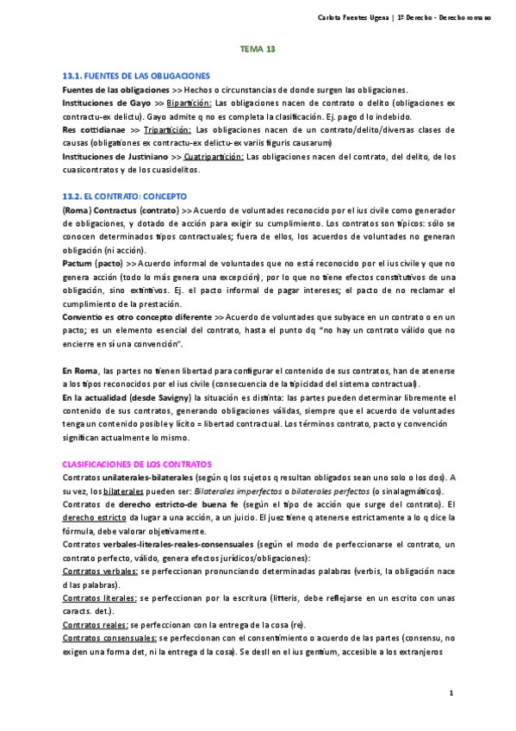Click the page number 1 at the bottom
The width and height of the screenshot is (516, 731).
click(x=451, y=693)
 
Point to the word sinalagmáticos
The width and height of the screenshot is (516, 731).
click(x=408, y=490)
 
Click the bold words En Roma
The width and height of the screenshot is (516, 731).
click(x=79, y=370)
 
